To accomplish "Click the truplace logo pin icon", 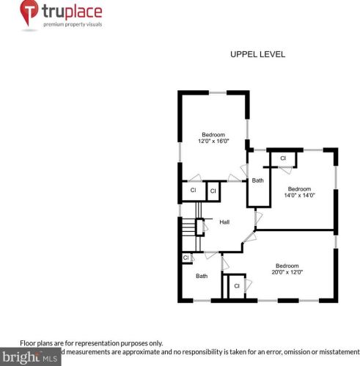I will (29, 13).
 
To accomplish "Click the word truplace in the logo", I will (72, 12).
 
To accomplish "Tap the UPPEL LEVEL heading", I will (257, 54).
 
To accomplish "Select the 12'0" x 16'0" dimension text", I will (213, 141).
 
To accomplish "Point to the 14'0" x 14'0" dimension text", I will (299, 194).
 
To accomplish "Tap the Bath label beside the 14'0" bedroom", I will (257, 180).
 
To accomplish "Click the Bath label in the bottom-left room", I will (201, 277).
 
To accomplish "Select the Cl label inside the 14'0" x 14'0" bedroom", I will (282, 158).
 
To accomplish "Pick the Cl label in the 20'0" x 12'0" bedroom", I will (236, 286).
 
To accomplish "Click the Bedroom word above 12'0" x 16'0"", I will (213, 134).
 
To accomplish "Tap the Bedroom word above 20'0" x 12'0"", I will (287, 266).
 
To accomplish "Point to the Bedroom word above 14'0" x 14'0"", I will (299, 189).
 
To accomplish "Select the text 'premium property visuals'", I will (73, 24).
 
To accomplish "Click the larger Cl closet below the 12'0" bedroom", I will (193, 191).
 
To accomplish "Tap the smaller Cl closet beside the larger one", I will (212, 191).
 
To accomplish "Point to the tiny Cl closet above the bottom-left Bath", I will (185, 257).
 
